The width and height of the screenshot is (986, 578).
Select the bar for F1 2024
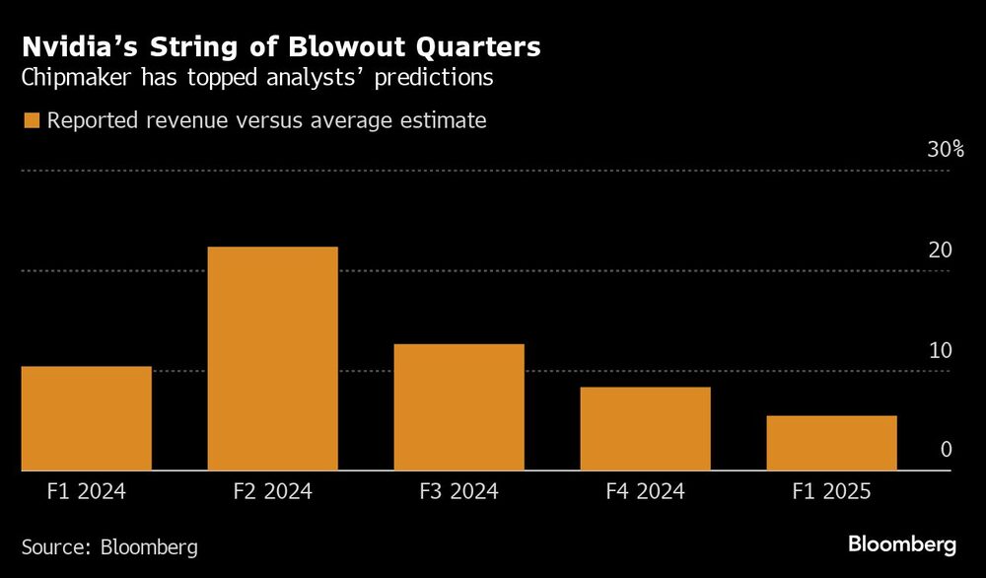click(86, 419)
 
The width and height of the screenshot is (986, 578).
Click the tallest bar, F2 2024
click(272, 359)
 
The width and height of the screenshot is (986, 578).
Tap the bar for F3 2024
click(458, 407)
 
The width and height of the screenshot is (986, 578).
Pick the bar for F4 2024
click(645, 429)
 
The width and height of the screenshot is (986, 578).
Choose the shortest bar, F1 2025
click(831, 444)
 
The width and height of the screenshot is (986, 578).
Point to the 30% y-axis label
click(945, 150)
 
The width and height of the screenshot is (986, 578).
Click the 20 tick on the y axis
click(940, 251)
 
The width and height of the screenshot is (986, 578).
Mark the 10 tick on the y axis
click(940, 351)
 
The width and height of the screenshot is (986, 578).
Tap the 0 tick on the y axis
click(946, 450)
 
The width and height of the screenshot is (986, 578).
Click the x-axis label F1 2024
click(86, 491)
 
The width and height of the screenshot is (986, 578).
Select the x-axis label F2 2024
click(272, 491)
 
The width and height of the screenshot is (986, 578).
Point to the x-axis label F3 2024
click(458, 491)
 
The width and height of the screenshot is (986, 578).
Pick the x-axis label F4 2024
click(645, 491)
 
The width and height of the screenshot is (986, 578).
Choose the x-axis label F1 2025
click(831, 491)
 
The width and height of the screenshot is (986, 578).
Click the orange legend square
click(32, 121)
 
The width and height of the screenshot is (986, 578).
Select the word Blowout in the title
click(331, 47)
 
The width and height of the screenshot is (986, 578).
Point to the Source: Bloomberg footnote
click(109, 546)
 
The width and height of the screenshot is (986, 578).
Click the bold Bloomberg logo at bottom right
click(902, 544)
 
